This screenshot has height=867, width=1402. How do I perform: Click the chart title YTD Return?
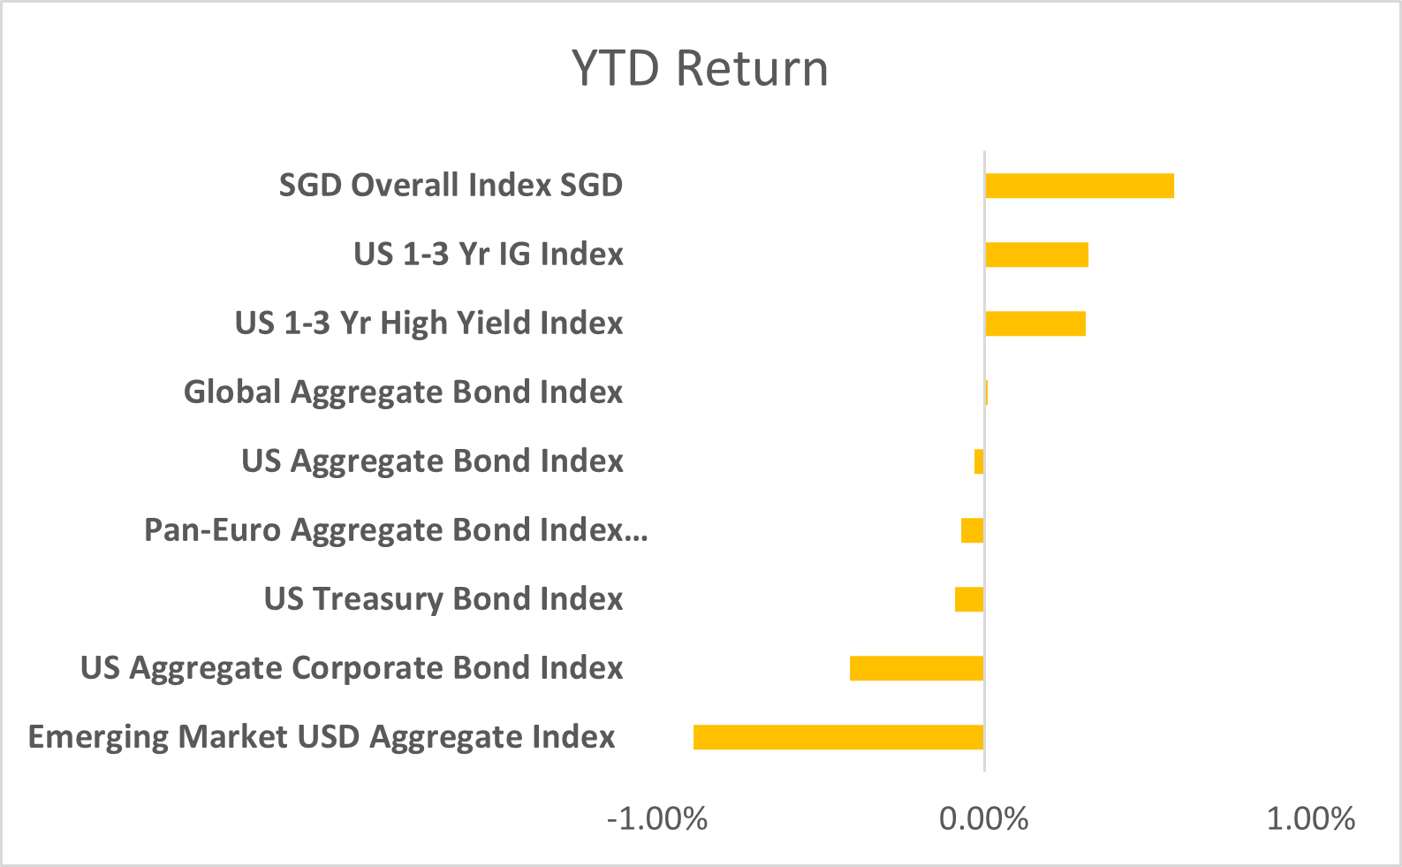click(x=700, y=69)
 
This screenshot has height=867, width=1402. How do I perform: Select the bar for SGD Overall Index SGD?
click(x=1079, y=186)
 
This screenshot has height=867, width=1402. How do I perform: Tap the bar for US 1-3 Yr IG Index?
click(x=1036, y=255)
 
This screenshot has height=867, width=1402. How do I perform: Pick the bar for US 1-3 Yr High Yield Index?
click(x=1034, y=323)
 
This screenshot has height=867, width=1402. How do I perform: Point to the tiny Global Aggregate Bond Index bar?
click(x=986, y=392)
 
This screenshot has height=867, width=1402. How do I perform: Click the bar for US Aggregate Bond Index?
click(x=979, y=461)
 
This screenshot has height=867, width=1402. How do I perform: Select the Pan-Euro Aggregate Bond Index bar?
click(x=972, y=530)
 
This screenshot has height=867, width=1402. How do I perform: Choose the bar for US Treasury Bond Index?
click(x=969, y=599)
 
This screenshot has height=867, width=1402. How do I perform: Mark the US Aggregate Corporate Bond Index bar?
click(x=916, y=668)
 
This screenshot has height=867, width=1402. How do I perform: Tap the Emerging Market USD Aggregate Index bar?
click(x=838, y=737)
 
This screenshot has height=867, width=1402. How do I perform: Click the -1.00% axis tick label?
click(x=657, y=819)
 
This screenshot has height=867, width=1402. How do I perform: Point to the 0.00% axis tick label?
click(x=983, y=819)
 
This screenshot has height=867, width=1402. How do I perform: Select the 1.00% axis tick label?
click(x=1310, y=819)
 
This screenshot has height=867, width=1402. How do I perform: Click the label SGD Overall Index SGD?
click(x=451, y=186)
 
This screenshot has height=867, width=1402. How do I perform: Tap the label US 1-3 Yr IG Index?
click(x=488, y=255)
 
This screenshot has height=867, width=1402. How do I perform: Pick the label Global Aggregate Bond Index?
click(x=403, y=392)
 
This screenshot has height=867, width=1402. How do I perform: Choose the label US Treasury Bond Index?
click(x=443, y=599)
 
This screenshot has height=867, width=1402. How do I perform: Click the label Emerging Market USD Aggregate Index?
click(x=322, y=737)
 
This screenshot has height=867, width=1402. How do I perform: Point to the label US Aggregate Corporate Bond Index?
click(x=352, y=668)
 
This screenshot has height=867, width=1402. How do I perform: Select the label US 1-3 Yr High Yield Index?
click(x=428, y=323)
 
